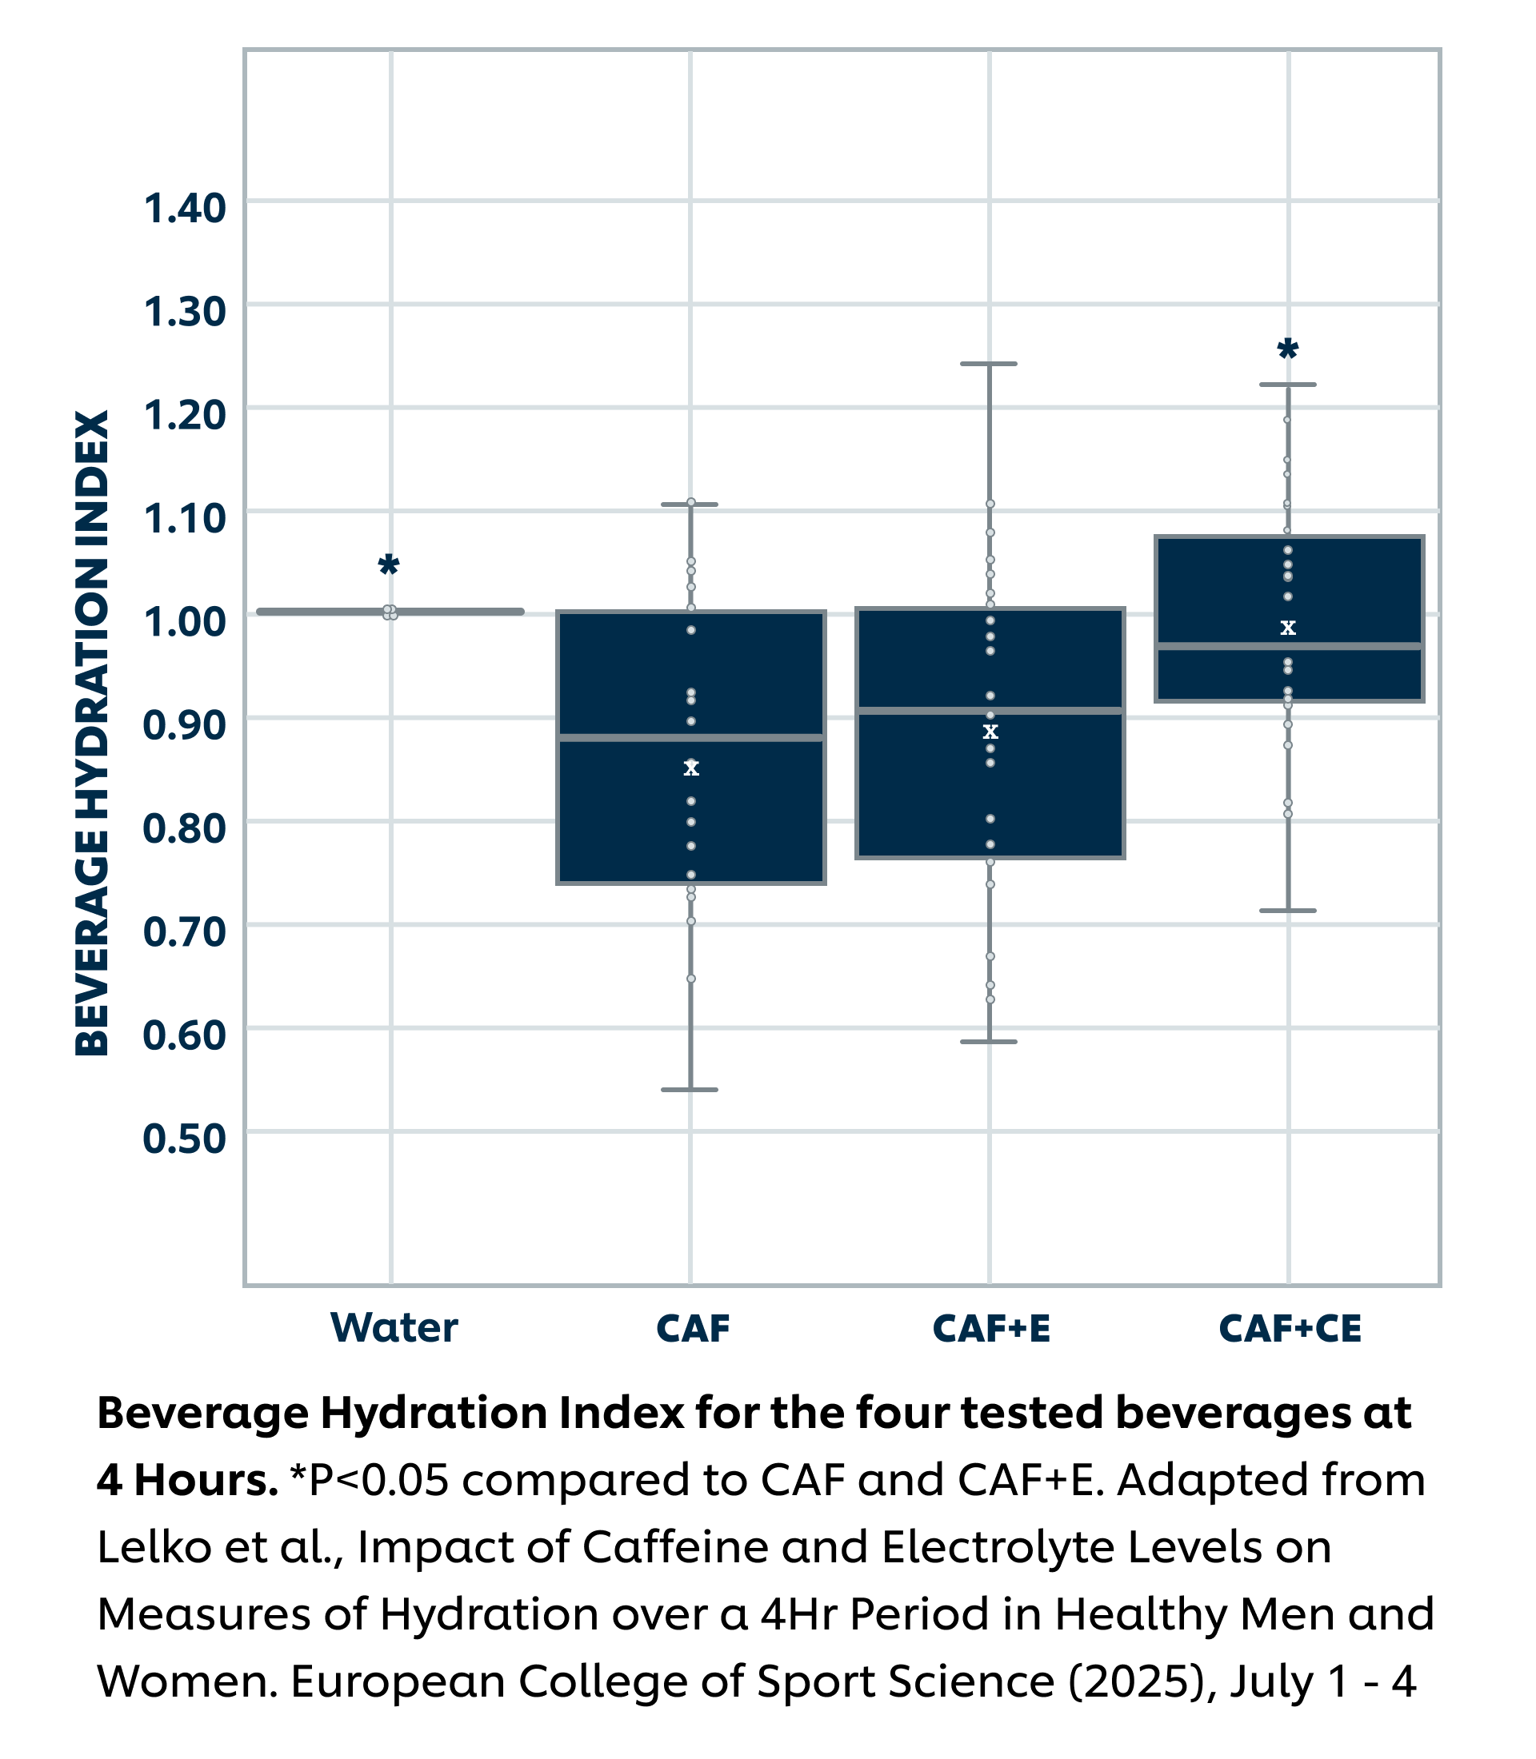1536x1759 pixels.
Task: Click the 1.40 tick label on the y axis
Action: (184, 208)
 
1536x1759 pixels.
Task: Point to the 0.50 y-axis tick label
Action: (184, 1139)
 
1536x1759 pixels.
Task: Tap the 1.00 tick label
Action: (184, 621)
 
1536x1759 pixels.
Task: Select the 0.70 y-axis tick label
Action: (184, 931)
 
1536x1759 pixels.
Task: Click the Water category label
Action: (394, 1328)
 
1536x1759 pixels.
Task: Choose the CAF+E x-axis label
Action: (991, 1329)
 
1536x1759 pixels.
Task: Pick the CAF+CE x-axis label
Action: (1290, 1329)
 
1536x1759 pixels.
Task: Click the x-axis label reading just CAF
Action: (693, 1329)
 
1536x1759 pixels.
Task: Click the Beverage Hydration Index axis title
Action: (93, 732)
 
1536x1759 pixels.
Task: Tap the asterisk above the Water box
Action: (388, 565)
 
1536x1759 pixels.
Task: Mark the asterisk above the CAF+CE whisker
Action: (1287, 349)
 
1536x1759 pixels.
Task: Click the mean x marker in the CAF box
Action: (691, 768)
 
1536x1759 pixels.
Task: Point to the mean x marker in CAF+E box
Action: (990, 732)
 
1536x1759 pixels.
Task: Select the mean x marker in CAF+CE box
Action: (1287, 628)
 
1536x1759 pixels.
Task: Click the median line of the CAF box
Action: (691, 737)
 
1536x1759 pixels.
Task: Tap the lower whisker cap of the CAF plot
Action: (690, 1090)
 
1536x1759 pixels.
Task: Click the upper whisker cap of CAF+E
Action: (988, 364)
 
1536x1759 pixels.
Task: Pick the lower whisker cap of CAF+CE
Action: (1287, 911)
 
